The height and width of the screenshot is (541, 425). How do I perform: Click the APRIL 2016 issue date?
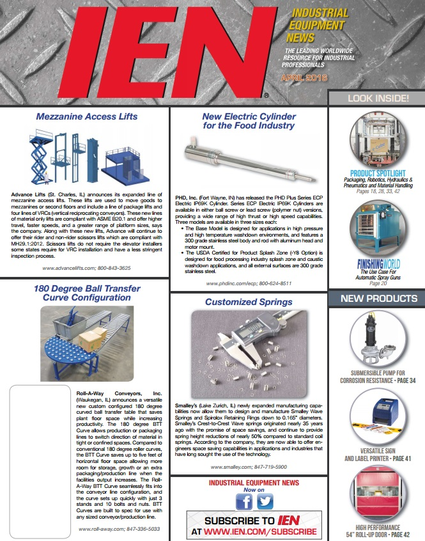(304, 77)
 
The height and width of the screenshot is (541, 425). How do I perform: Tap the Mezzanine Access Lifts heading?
(86, 117)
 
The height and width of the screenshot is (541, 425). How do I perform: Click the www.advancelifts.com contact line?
(86, 268)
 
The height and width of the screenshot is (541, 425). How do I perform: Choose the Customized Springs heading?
(249, 302)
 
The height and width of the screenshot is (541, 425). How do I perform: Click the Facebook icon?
(243, 502)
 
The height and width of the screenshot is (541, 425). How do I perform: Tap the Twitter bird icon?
(265, 502)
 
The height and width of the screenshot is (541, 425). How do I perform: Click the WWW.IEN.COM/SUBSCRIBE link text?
(259, 531)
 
